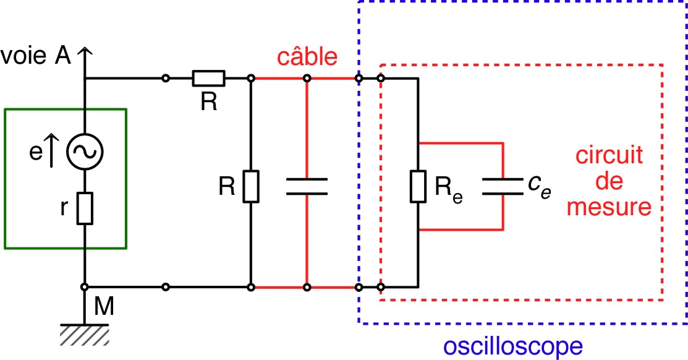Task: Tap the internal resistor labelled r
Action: click(85, 208)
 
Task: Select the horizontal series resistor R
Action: click(208, 79)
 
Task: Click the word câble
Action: click(308, 57)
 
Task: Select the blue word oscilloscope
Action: click(514, 345)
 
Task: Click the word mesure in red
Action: click(609, 207)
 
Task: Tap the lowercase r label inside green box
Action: click(64, 209)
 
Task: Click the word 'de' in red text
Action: click(609, 181)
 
